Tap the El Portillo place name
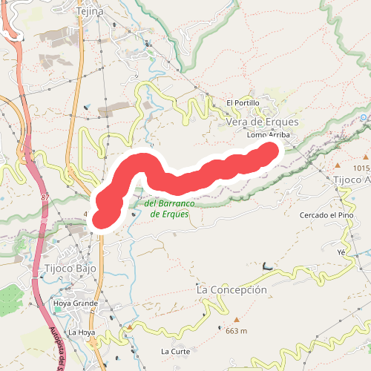241,102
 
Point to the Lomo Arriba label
268,136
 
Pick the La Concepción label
232,289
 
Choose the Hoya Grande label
76,303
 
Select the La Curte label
175,350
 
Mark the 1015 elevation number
361,168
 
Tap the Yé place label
342,252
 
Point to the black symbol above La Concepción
267,266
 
